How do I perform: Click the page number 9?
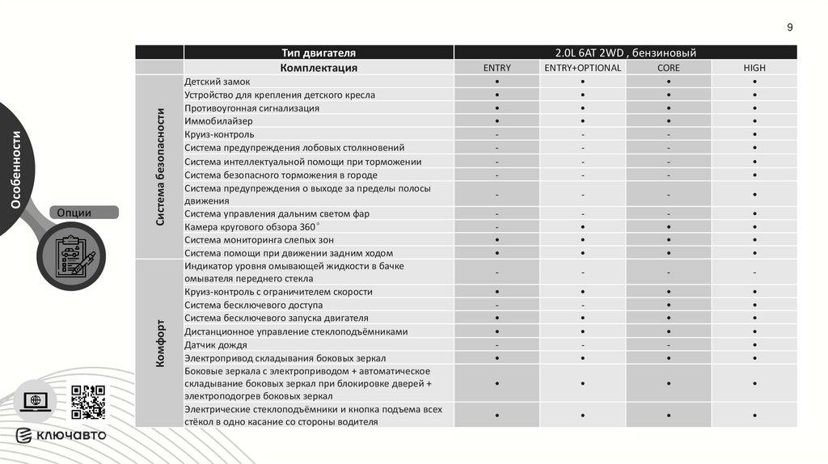click(x=790, y=27)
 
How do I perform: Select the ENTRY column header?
click(x=496, y=68)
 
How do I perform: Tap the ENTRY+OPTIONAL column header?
click(x=582, y=68)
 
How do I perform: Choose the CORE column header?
click(x=669, y=68)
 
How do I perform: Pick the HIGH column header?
click(x=754, y=68)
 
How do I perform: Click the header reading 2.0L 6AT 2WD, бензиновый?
click(x=625, y=53)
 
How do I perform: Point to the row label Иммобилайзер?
click(x=218, y=121)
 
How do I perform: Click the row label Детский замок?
click(x=218, y=82)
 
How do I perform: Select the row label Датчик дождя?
click(x=216, y=344)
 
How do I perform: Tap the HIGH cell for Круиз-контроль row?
click(x=754, y=134)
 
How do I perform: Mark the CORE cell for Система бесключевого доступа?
click(x=669, y=306)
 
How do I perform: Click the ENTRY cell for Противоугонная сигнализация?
click(x=496, y=108)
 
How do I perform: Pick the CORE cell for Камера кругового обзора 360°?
click(x=669, y=226)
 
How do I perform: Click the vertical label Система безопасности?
click(x=160, y=167)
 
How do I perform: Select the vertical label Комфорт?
click(x=160, y=343)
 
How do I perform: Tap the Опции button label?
click(x=74, y=213)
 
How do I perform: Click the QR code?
click(x=88, y=402)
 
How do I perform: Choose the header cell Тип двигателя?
click(x=319, y=53)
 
